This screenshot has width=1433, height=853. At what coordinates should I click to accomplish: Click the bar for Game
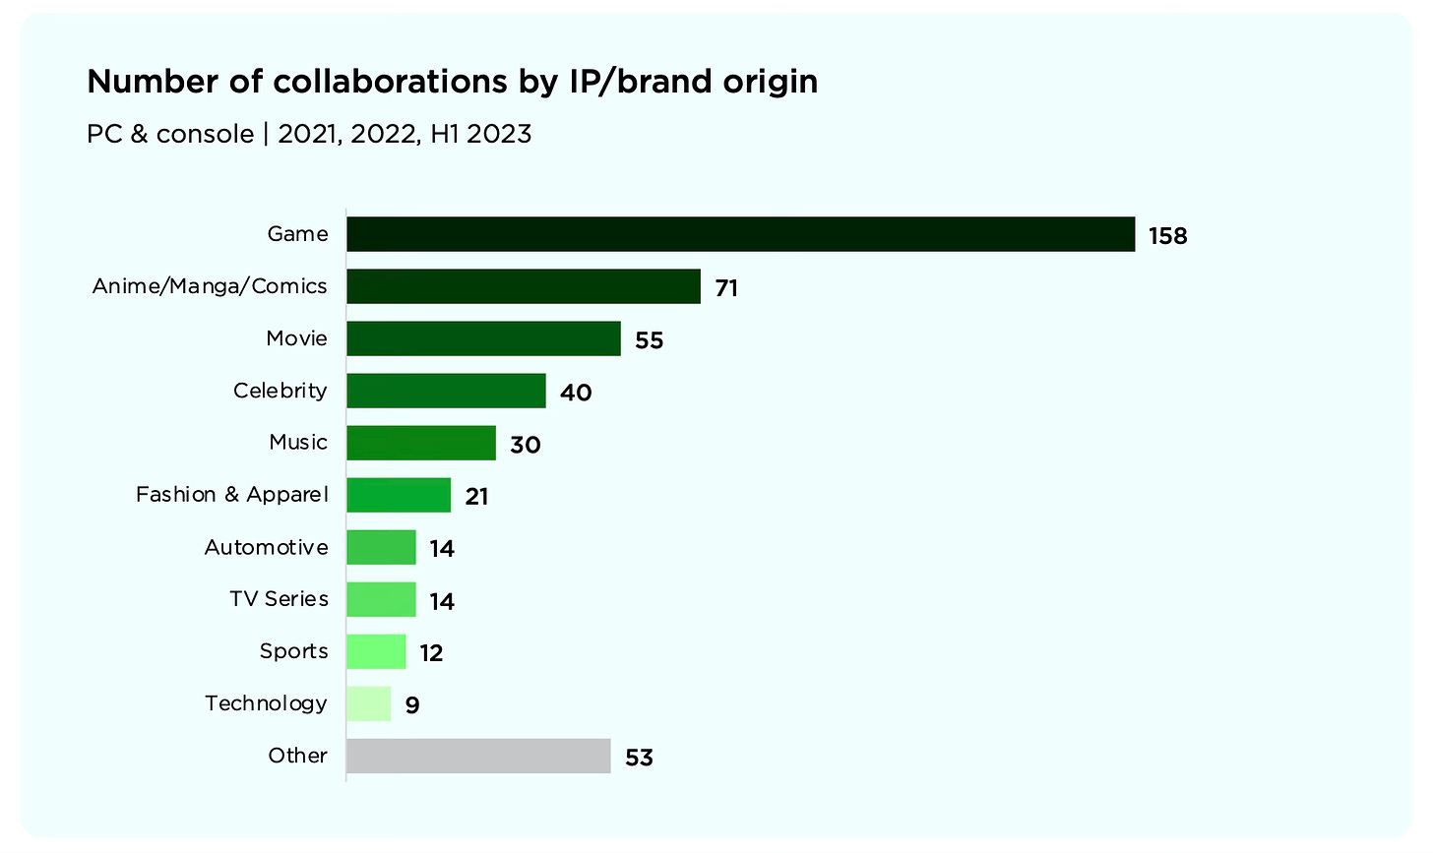pos(740,234)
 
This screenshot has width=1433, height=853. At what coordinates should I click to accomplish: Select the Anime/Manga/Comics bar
pos(523,286)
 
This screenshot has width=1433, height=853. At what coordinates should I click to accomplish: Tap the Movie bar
pos(483,338)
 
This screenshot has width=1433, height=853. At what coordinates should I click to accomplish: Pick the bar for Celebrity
pos(446,391)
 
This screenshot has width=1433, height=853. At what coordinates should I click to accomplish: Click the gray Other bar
pos(478,756)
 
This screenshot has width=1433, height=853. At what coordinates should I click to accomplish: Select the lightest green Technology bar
pos(368,703)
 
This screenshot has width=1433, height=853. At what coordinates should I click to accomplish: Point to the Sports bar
pos(376,651)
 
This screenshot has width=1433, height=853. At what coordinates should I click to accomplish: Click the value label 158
pos(1167,236)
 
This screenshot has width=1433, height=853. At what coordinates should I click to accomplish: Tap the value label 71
pos(726,288)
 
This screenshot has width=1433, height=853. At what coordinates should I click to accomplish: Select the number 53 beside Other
pos(639,758)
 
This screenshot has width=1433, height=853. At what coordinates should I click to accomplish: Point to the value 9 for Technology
pos(412,705)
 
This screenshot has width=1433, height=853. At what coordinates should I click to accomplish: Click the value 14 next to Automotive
pos(442,549)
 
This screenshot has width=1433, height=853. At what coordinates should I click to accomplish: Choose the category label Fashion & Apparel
pos(232,494)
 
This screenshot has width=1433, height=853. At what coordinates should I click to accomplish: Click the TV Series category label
pos(279,598)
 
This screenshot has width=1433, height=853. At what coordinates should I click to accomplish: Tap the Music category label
pos(298,442)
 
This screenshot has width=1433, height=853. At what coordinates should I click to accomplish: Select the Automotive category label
pos(266,547)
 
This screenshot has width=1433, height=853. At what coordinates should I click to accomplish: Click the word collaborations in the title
pos(390,82)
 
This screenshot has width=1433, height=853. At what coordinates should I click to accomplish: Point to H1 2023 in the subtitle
pos(480,134)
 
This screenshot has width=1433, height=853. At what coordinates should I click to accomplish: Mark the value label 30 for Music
pos(525,445)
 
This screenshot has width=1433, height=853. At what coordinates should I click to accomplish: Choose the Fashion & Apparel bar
pos(399,495)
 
